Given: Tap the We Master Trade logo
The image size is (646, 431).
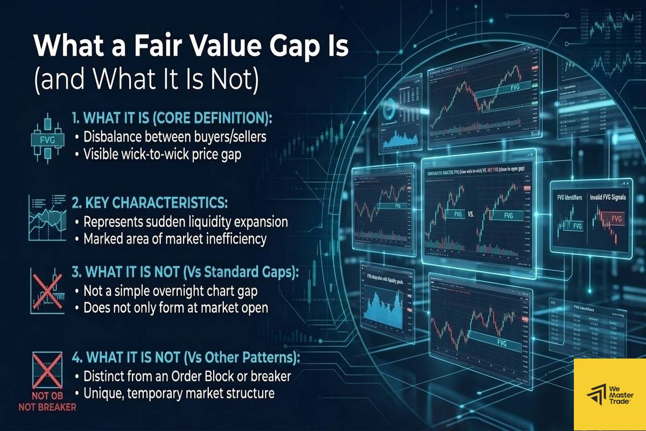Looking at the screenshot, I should coord(609,394).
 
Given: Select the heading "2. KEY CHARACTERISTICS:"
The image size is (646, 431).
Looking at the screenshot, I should coord(150,204).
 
